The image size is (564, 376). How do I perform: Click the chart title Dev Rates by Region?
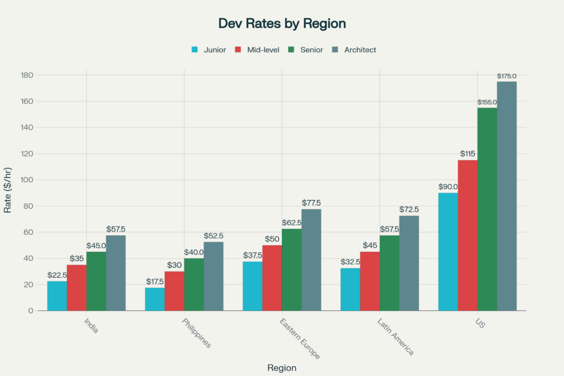[282, 23]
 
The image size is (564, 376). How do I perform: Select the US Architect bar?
[507, 196]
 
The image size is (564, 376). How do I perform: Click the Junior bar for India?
[57, 296]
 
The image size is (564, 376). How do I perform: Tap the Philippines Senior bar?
[194, 284]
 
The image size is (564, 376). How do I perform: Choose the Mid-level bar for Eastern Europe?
[272, 278]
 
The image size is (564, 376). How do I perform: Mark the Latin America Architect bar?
[409, 263]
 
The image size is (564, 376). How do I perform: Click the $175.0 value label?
[507, 76]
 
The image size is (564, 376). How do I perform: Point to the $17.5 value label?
[155, 281]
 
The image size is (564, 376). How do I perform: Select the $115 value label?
[468, 154]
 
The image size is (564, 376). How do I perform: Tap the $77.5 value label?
[311, 203]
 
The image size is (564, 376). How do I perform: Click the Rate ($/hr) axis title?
[8, 193]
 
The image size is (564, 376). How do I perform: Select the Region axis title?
[281, 368]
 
